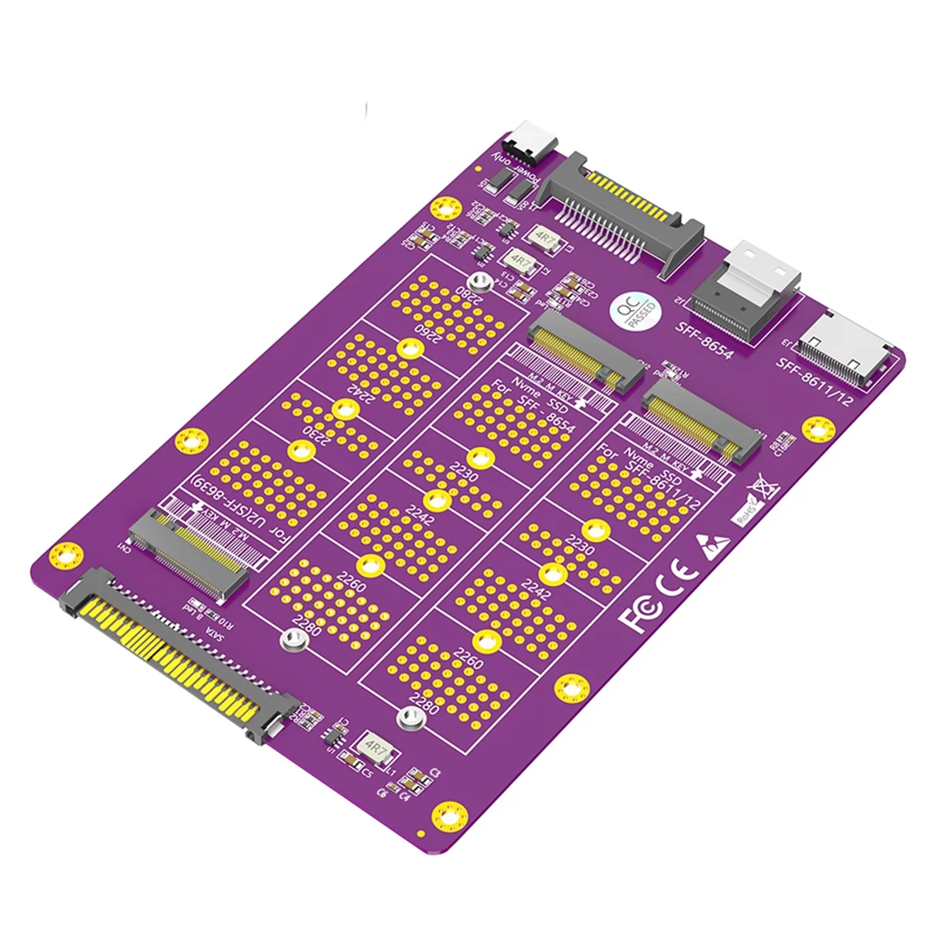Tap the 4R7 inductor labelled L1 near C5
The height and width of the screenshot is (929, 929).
click(x=377, y=749)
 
